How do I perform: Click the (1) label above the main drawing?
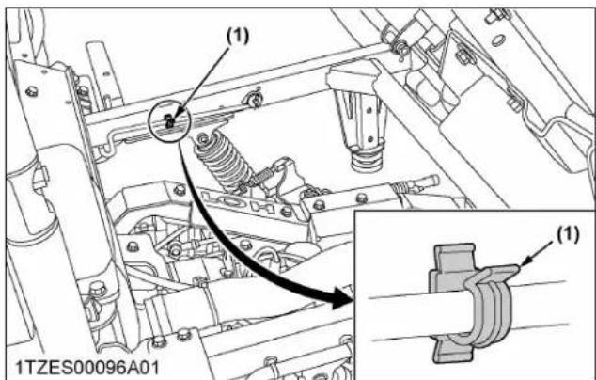pos(238,36)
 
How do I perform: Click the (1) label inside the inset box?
pos(568,234)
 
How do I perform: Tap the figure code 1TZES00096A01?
pos(87,368)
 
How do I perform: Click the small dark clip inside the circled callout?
pos(170,121)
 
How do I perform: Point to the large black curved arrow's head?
pos(340,296)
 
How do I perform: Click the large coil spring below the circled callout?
pos(221,160)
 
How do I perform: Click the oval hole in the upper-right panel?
pos(498,40)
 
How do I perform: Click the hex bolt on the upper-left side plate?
pos(32,91)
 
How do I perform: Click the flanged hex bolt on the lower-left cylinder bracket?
pos(98,290)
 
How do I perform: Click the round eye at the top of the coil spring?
pos(203,138)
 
